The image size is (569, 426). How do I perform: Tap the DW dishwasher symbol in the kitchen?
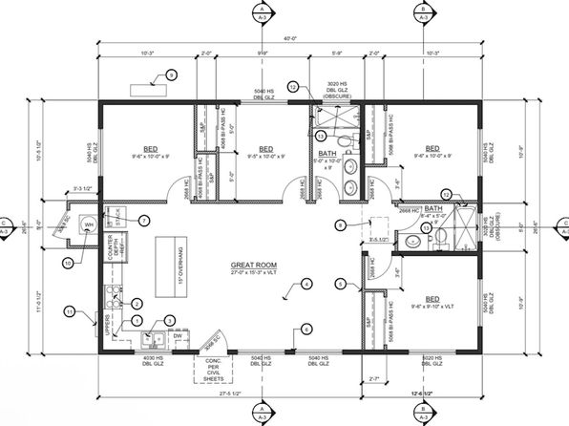(179, 336)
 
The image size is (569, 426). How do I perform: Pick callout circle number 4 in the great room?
(306, 284)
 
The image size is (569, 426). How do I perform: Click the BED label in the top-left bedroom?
(151, 149)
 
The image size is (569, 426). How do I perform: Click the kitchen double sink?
(153, 337)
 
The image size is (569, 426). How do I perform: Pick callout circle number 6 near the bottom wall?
(306, 329)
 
